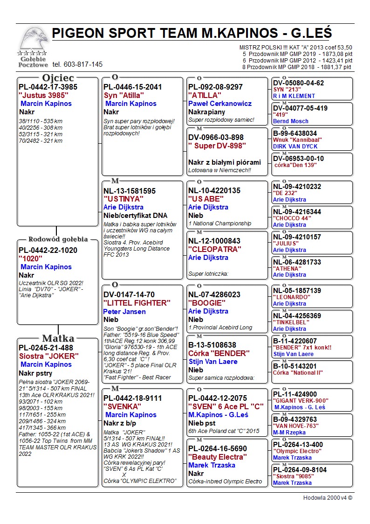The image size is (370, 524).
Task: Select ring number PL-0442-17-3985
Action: coord(48,87)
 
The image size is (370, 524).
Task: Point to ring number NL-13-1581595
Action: coord(130,191)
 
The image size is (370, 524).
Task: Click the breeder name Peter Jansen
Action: coord(124,311)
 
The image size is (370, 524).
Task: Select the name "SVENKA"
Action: coord(123,406)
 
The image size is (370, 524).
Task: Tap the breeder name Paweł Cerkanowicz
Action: coord(219,104)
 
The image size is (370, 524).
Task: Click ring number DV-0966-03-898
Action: coord(216,137)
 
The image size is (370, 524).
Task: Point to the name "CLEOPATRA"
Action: coord(215,249)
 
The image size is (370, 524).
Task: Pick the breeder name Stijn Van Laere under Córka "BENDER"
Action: coord(212,362)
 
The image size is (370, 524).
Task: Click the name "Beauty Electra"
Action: coord(217,457)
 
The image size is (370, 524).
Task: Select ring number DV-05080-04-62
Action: coord(298,83)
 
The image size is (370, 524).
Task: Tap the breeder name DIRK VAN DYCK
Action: coord(295,147)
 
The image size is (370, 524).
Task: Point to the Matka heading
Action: coord(58,338)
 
